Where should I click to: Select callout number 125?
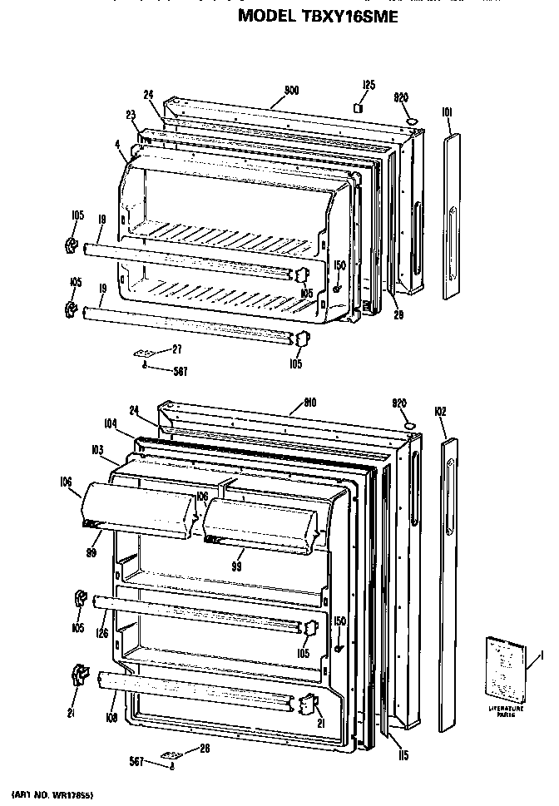[x=369, y=85]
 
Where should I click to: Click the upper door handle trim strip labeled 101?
[x=450, y=216]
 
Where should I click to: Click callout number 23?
[x=131, y=116]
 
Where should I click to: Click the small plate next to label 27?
[x=145, y=354]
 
